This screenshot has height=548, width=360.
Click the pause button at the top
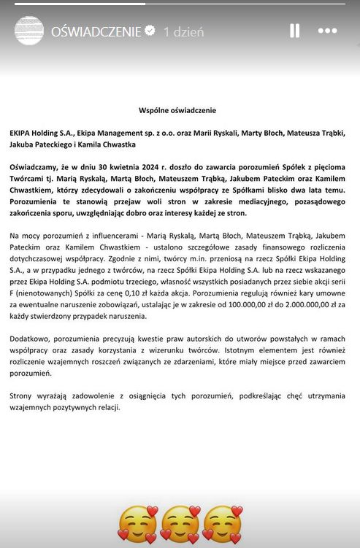coord(294,31)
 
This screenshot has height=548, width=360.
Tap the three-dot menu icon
coord(328,31)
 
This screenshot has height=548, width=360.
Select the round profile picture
coord(30,32)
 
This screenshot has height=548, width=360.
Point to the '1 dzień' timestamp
coord(183,32)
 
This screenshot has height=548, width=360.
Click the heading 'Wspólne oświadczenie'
coord(177,110)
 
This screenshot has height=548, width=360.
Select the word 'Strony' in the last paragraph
coord(23,394)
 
